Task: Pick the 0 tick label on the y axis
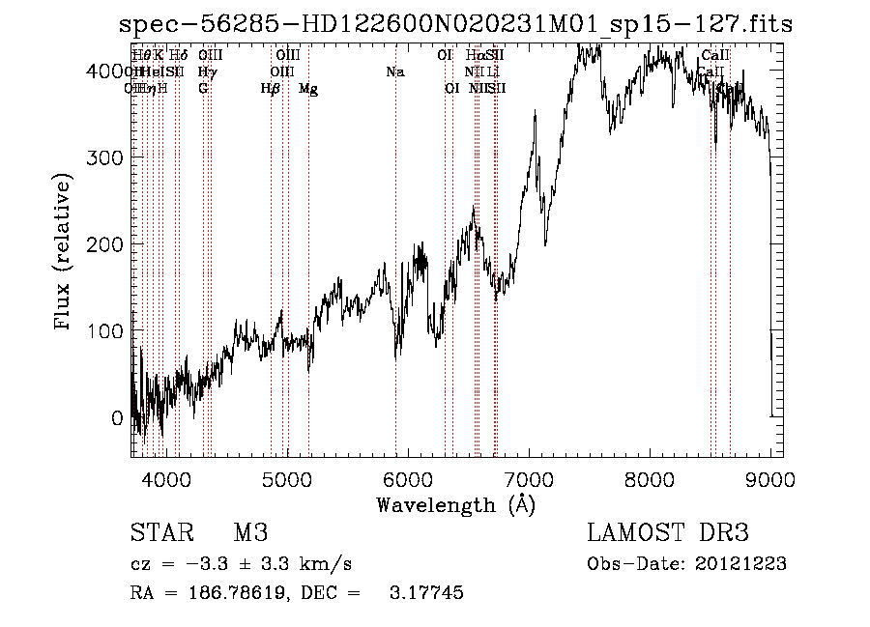click(x=117, y=418)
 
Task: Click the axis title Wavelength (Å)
click(x=455, y=504)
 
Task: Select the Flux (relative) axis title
click(x=65, y=253)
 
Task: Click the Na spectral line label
click(x=394, y=71)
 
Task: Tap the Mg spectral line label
click(x=308, y=89)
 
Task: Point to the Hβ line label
click(x=271, y=89)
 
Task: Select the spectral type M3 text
click(x=249, y=534)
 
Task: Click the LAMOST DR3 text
click(x=668, y=534)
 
